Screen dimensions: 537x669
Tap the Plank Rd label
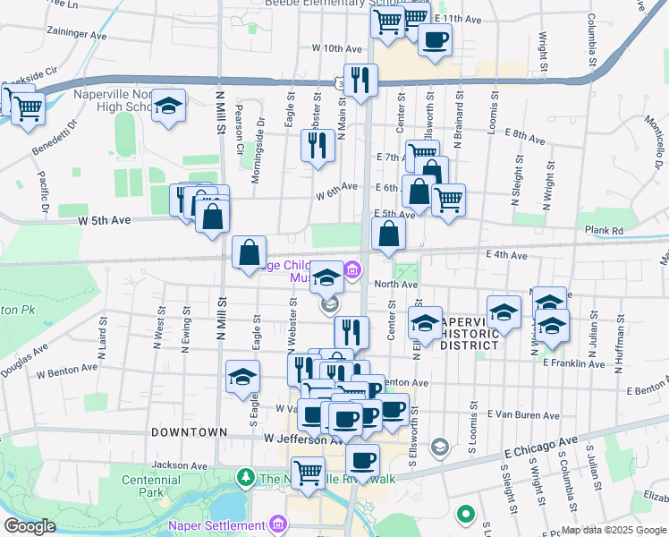tap(605, 230)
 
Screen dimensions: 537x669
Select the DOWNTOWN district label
tap(189, 431)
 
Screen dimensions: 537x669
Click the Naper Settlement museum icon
tap(278, 523)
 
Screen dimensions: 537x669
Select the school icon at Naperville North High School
tap(168, 108)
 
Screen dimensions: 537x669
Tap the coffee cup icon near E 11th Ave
tap(435, 40)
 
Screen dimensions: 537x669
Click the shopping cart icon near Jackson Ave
tap(308, 472)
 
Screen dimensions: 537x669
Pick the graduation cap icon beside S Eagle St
tap(241, 378)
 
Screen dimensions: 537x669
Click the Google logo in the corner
tap(30, 526)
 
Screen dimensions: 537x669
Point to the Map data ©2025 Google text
tap(614, 530)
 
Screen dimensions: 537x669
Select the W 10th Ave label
tap(335, 48)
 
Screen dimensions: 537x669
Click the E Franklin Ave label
tap(572, 363)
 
